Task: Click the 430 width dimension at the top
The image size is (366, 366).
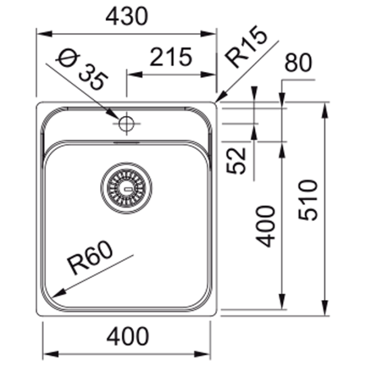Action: tap(127, 16)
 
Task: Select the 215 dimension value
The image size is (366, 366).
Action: tap(171, 57)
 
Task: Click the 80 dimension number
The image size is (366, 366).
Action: tap(298, 62)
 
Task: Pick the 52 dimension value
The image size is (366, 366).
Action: tap(236, 160)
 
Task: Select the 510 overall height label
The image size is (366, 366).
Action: tap(308, 200)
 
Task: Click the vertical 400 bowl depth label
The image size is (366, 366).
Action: tap(265, 226)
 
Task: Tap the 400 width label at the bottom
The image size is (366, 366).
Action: tap(127, 336)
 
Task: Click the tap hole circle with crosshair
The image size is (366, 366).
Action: tap(126, 123)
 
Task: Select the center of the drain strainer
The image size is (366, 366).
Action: tap(126, 188)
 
